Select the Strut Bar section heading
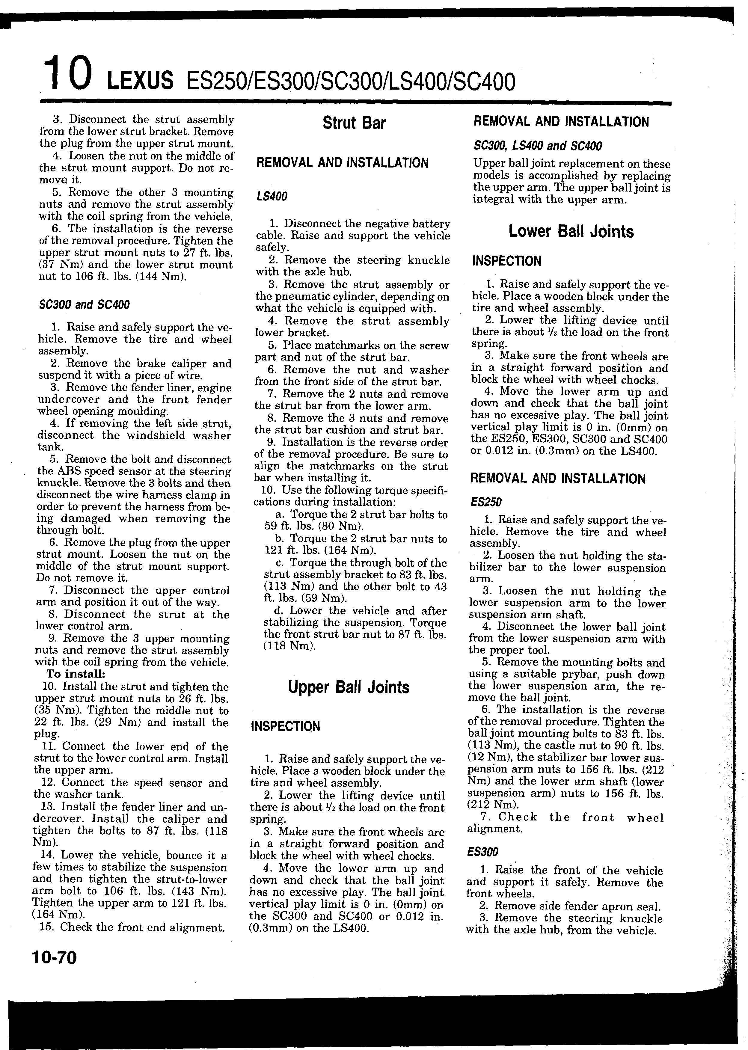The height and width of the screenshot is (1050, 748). tap(354, 123)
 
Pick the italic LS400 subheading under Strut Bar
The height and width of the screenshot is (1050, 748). tap(272, 197)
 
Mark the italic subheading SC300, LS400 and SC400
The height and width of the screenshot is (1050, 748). tap(538, 147)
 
